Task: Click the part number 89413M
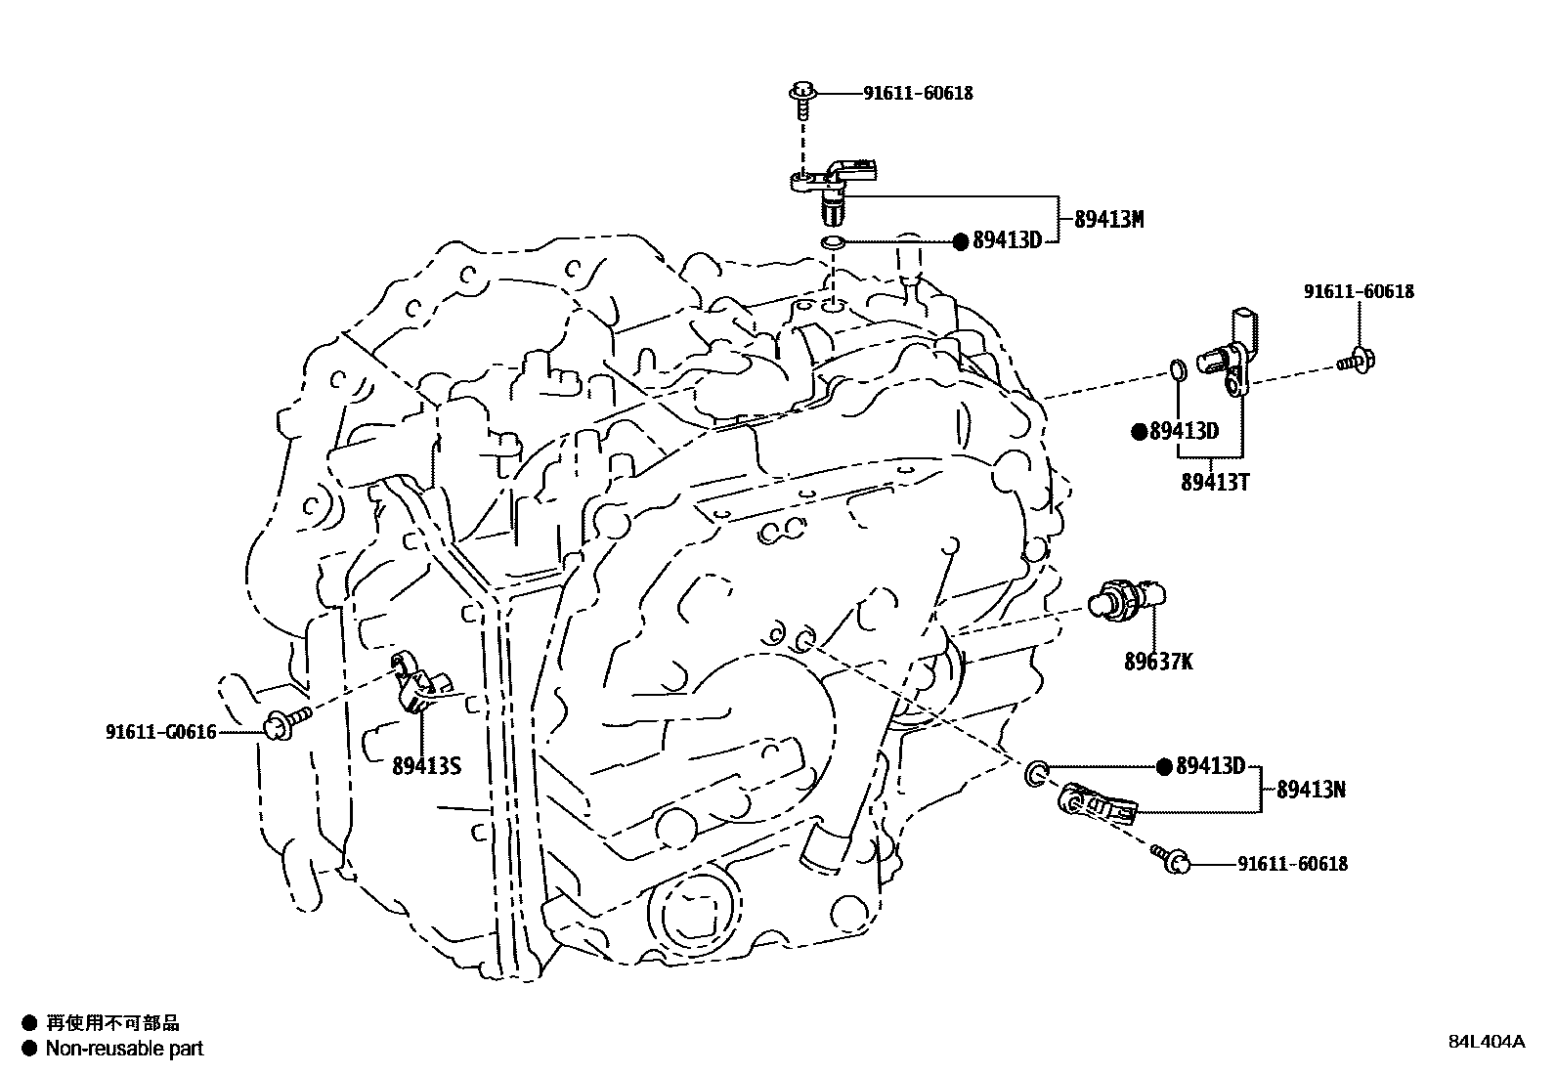tap(1108, 219)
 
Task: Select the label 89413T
tap(1215, 482)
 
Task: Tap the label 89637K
tap(1158, 662)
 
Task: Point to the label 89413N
tap(1311, 789)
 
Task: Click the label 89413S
tap(425, 766)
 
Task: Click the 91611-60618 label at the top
tap(918, 94)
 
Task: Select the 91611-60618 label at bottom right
tap(1292, 864)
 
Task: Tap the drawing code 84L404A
tap(1486, 1042)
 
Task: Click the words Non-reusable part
tap(126, 1049)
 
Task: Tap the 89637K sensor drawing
tap(1129, 597)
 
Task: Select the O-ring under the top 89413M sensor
tap(832, 241)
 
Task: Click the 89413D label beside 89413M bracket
tap(1006, 240)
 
